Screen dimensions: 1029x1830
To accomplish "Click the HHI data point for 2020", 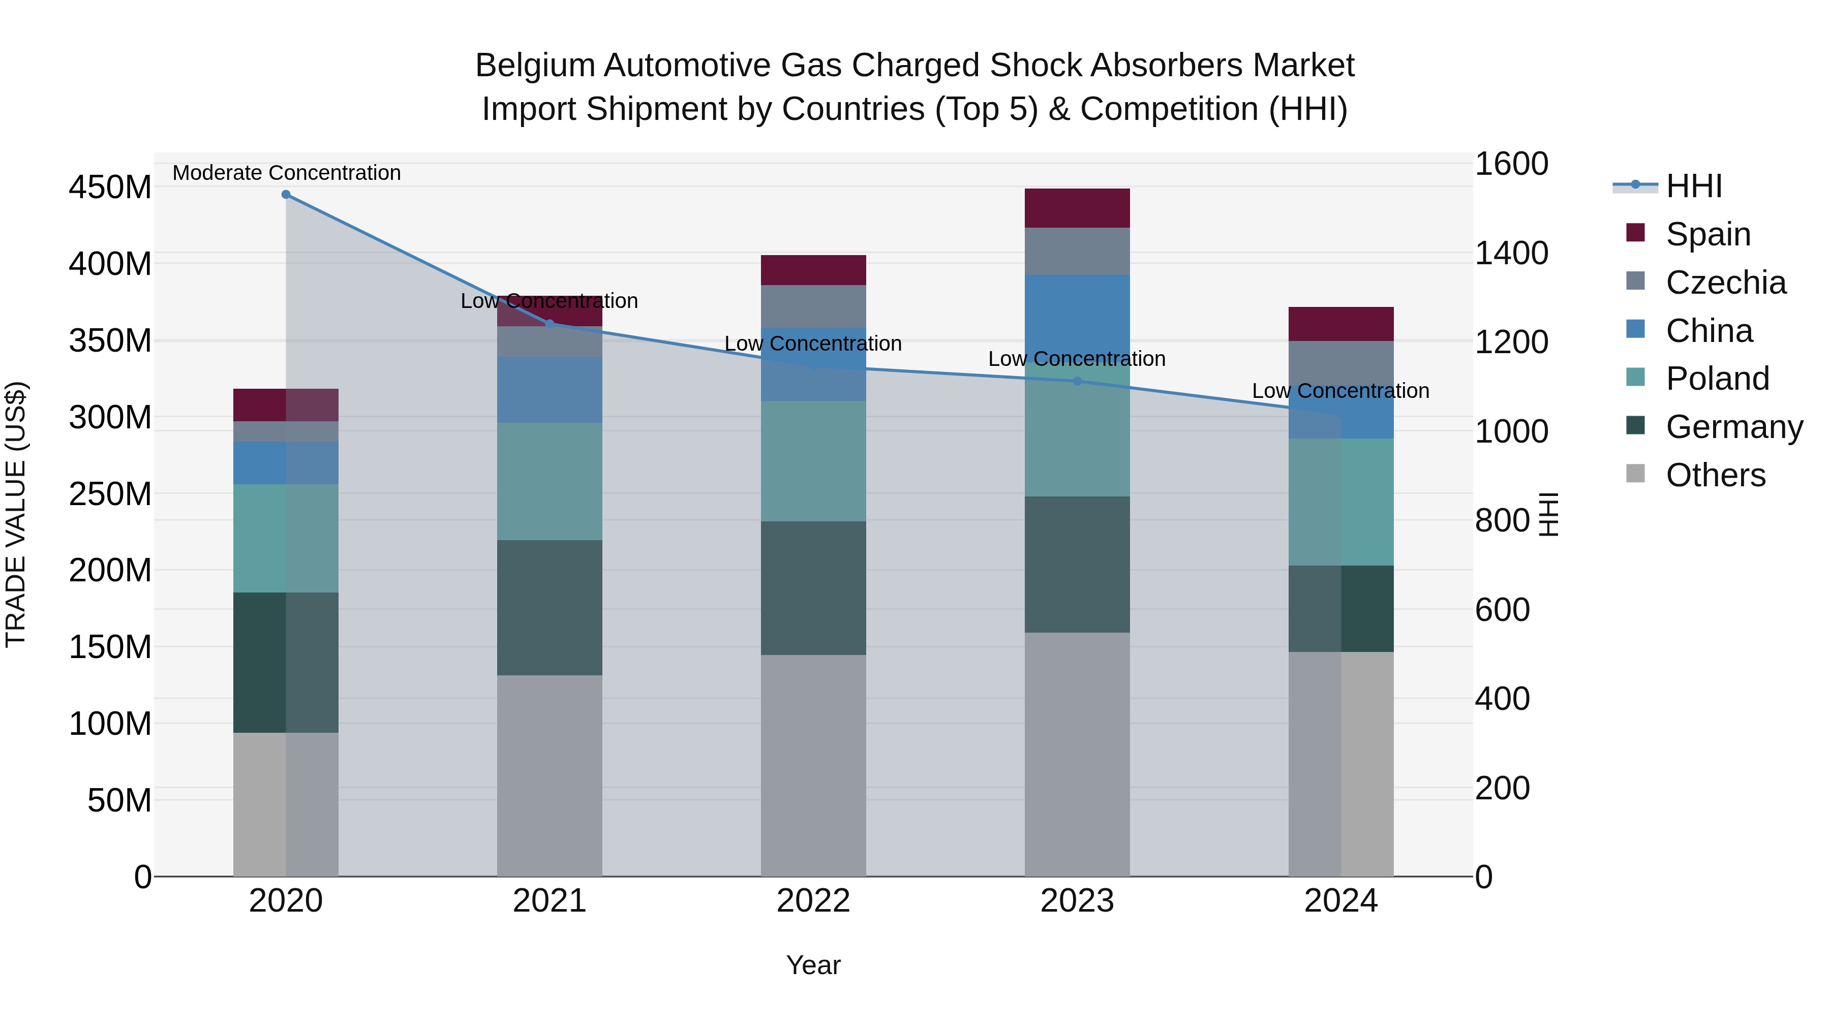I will pos(286,195).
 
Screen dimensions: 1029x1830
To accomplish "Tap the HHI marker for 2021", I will pos(549,324).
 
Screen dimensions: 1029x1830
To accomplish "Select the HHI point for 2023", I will pos(1077,381).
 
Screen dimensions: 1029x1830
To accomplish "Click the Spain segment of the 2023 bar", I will pos(1077,208).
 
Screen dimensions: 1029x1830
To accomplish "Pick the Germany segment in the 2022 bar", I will pos(813,588).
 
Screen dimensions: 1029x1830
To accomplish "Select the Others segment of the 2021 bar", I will pos(549,775).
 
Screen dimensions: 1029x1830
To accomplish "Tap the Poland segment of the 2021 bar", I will pos(549,482).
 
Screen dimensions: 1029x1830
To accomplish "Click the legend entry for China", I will pos(1709,331).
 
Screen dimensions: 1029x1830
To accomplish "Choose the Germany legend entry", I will pos(1734,427).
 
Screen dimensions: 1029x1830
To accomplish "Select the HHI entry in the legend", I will pos(1694,186).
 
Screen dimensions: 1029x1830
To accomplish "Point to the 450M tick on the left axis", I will pos(110,188).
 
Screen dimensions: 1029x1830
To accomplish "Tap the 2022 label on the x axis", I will pos(813,901).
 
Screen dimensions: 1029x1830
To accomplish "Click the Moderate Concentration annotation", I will pos(286,173).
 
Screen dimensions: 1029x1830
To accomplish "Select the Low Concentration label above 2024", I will pos(1340,391).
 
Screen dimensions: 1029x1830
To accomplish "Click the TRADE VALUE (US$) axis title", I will pos(16,514).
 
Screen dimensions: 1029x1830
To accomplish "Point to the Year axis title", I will pos(813,965).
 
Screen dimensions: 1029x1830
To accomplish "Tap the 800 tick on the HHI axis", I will pos(1502,520).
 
